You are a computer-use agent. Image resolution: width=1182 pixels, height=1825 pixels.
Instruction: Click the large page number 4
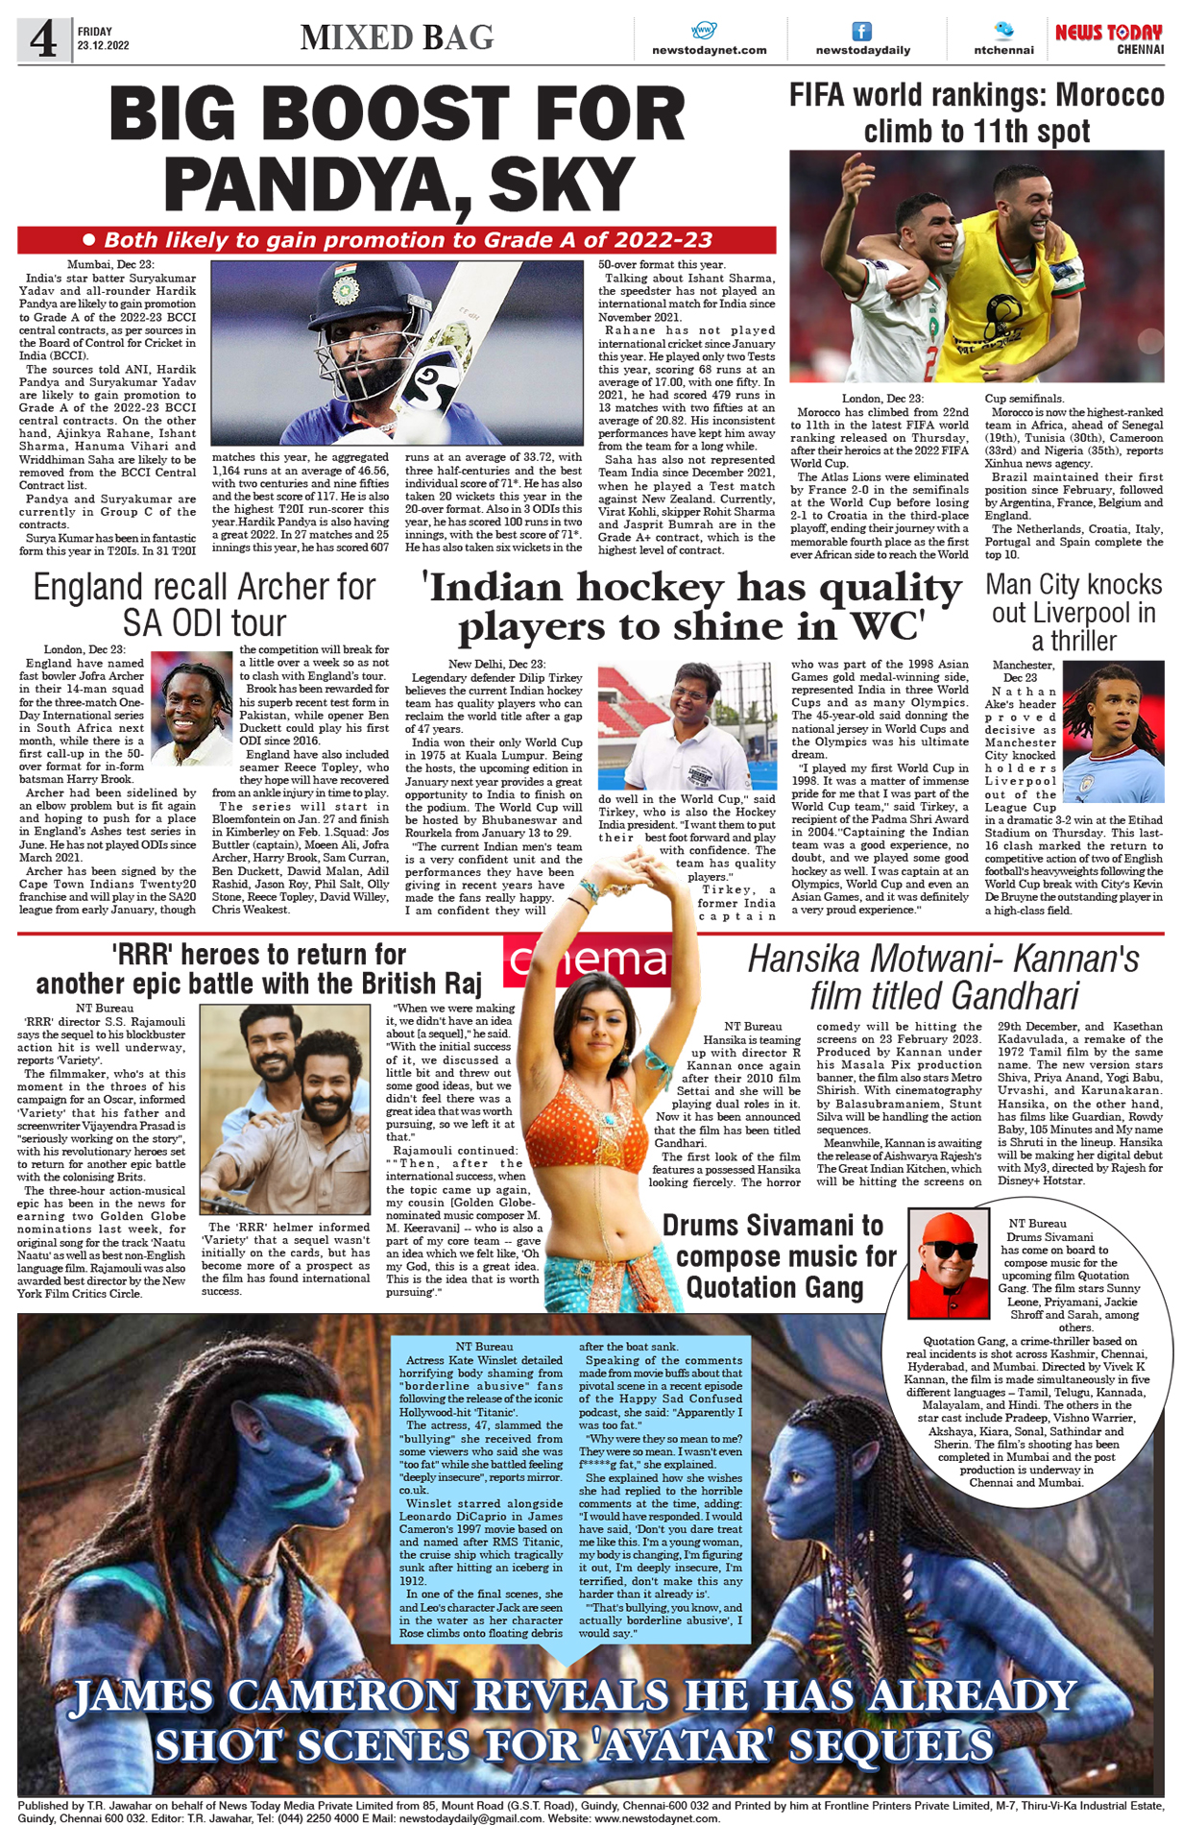click(43, 39)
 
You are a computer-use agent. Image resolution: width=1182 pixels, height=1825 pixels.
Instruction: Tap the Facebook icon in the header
click(861, 32)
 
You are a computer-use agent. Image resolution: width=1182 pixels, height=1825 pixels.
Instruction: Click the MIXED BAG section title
click(397, 37)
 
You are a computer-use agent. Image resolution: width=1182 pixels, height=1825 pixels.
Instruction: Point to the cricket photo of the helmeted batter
click(397, 352)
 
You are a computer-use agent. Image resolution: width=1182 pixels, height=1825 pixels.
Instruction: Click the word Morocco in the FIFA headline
click(1109, 96)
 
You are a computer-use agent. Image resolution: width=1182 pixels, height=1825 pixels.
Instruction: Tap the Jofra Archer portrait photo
click(192, 709)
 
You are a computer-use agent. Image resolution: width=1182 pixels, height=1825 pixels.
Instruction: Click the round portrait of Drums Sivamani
click(948, 1262)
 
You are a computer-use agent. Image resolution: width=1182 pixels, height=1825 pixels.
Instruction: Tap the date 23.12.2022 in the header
click(104, 45)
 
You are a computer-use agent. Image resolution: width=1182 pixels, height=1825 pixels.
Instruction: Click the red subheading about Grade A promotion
click(397, 240)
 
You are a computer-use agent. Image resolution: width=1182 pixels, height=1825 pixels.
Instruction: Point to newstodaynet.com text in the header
click(709, 50)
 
